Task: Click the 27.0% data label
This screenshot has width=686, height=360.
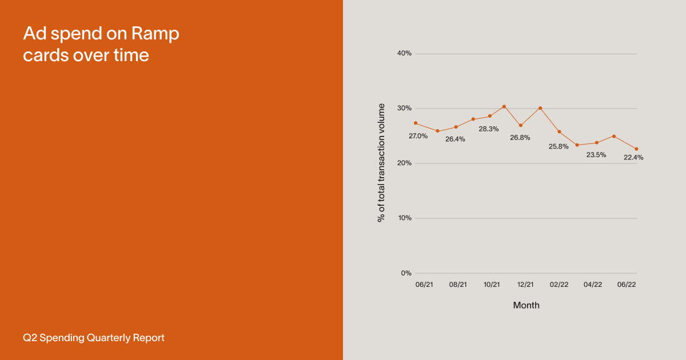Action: (418, 136)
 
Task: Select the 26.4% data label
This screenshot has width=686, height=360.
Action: (455, 139)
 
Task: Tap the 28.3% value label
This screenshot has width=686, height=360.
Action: (489, 129)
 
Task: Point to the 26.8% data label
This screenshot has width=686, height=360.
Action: (520, 138)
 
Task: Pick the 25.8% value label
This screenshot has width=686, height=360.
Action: (559, 146)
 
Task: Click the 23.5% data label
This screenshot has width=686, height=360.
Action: (596, 155)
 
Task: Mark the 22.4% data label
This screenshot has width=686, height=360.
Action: (633, 158)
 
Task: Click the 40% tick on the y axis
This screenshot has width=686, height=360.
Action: (404, 54)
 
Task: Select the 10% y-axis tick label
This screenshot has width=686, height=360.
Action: (404, 218)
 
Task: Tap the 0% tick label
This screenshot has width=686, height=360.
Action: (406, 273)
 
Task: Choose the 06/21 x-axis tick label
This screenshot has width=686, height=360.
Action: (424, 285)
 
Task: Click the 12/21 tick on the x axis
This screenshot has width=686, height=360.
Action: (525, 285)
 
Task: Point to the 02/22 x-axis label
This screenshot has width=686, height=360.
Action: (559, 285)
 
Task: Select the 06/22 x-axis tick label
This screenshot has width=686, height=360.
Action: (627, 285)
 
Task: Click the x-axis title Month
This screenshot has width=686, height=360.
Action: (526, 305)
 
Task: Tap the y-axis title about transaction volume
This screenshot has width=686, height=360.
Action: (381, 163)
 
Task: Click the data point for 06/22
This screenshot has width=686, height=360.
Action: (636, 149)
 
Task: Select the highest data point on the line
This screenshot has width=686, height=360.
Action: (504, 106)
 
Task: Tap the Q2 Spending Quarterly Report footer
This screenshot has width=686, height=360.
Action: (94, 338)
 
